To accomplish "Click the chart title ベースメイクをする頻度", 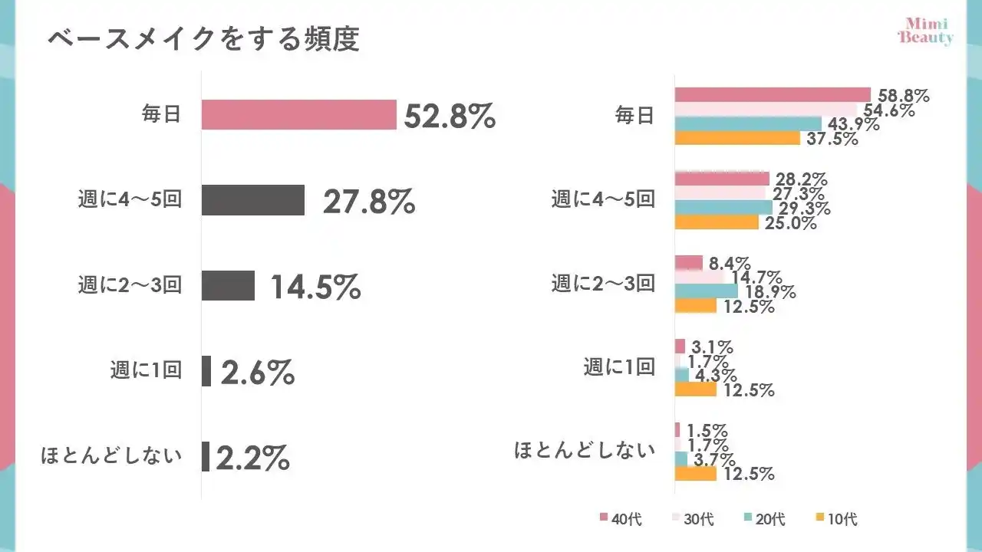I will coord(203,40).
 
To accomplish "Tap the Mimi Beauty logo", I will coord(926,31).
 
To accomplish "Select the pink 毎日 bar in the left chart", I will coord(298,114).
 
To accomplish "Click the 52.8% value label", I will coord(450,116).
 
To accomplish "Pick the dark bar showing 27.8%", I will coord(253,200).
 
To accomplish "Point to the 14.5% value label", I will coord(315,287).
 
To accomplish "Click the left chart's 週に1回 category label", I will coord(145,370).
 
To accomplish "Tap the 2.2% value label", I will coord(252,458).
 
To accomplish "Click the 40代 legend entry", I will coord(621,519).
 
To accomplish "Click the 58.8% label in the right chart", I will coord(903,96).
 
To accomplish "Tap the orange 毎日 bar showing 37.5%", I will coord(737,139).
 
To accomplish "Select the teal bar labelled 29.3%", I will coord(723,208).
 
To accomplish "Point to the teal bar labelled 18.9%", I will coord(706,291).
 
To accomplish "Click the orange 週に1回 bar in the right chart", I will coord(695,389).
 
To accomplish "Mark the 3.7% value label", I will coord(714,459).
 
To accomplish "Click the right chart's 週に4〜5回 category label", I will coord(603,200).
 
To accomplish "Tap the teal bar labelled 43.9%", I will coord(748,124).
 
